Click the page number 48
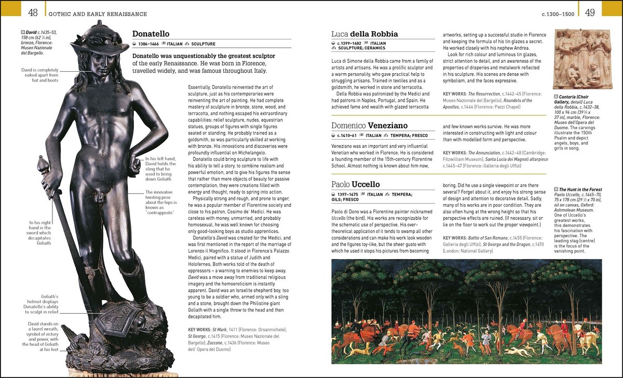[x=33, y=12]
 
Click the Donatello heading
[x=153, y=34]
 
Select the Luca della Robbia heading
[x=364, y=34]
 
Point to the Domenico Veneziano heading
[x=369, y=126]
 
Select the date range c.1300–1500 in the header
[x=558, y=14]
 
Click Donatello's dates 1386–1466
[x=148, y=44]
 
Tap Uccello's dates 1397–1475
[x=348, y=194]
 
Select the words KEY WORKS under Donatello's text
[x=199, y=329]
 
